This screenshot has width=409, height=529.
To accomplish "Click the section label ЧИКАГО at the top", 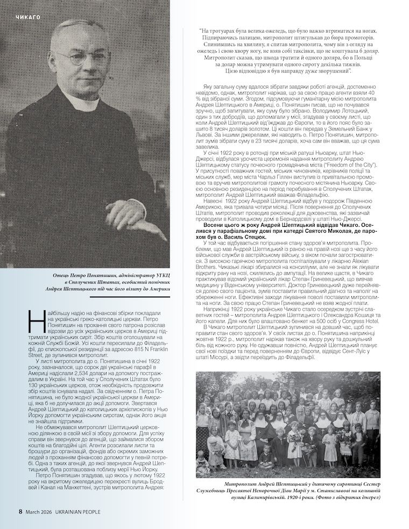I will coord(29,17).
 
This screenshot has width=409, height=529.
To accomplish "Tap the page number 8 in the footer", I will coord(20,511).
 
